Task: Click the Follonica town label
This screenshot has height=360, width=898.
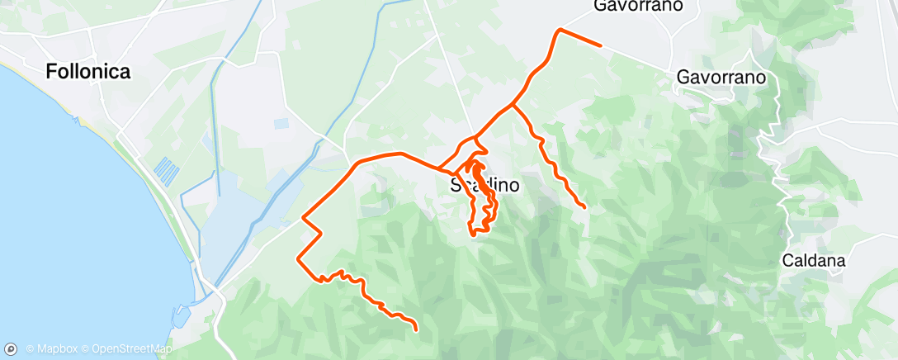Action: point(88,72)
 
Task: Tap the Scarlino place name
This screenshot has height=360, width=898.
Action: point(485,186)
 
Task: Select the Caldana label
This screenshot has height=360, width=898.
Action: point(815,262)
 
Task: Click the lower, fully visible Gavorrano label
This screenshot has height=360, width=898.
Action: point(721,77)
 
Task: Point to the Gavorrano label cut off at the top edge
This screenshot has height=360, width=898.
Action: point(639,7)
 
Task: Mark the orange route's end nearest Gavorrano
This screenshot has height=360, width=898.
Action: point(600,45)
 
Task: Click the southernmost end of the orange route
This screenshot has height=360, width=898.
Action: point(416,329)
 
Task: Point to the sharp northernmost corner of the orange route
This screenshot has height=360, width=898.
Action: point(560,30)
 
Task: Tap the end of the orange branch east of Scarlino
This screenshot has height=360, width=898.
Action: point(584,206)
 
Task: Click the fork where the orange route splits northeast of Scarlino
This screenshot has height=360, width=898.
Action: point(513,105)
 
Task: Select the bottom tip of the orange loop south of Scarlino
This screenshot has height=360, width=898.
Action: point(473,234)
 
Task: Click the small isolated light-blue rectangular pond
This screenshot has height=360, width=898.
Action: point(282,124)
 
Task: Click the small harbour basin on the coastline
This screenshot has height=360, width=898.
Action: point(181,314)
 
